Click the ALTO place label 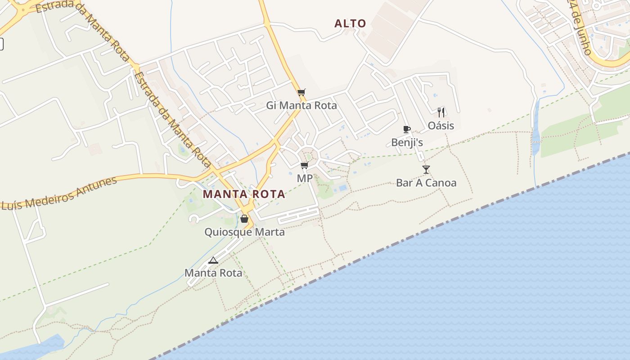[x=350, y=23]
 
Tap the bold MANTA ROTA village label [x=244, y=194]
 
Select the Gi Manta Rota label [x=301, y=105]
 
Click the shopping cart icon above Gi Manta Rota [x=301, y=93]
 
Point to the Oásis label [x=441, y=126]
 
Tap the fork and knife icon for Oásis [x=441, y=112]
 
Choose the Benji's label [x=407, y=143]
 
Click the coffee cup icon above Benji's [x=407, y=130]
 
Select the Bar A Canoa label [x=426, y=183]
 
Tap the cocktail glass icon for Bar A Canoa [x=426, y=170]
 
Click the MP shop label [x=305, y=178]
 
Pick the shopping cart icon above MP [x=305, y=166]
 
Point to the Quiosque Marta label [x=244, y=232]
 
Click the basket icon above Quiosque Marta [x=244, y=219]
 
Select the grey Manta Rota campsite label [x=213, y=273]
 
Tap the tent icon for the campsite [x=213, y=260]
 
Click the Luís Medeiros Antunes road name [x=58, y=193]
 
